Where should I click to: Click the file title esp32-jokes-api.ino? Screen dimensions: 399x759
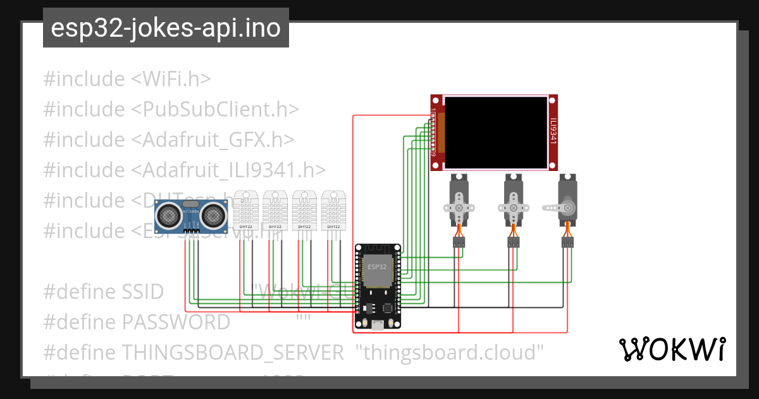[166, 28]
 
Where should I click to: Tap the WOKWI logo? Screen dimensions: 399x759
[672, 349]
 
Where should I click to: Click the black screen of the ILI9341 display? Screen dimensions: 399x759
[495, 132]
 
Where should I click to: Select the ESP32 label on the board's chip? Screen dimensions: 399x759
[377, 267]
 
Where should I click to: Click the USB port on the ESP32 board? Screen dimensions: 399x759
[378, 324]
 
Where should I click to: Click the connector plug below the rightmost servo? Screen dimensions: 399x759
[567, 242]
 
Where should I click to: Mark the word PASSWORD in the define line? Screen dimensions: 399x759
[176, 322]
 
